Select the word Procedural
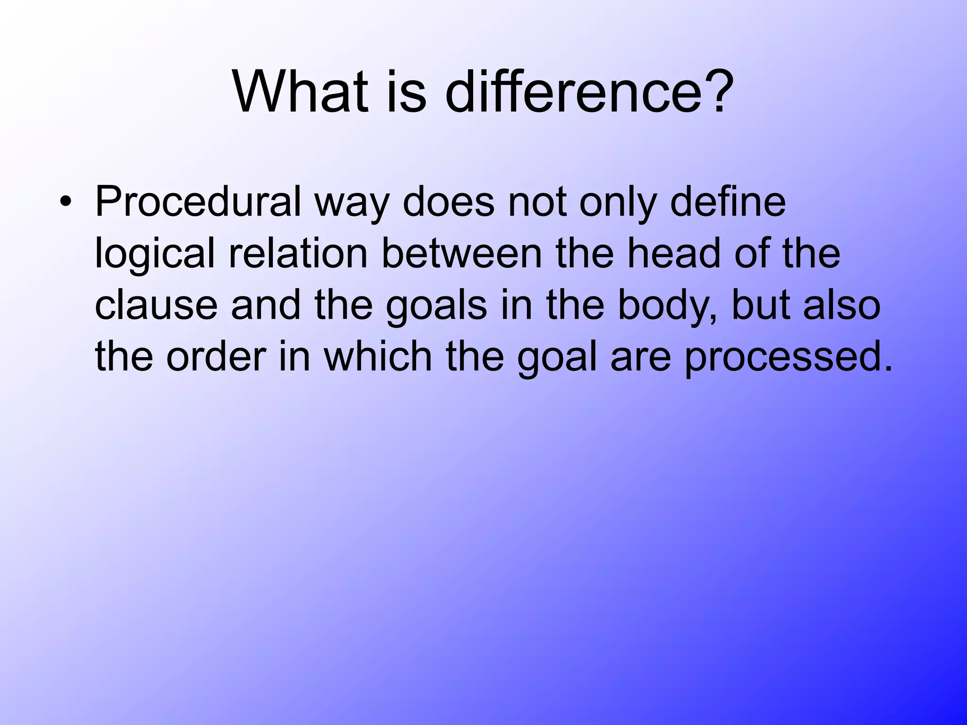(x=198, y=202)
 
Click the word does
(x=448, y=202)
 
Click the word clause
(x=156, y=305)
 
